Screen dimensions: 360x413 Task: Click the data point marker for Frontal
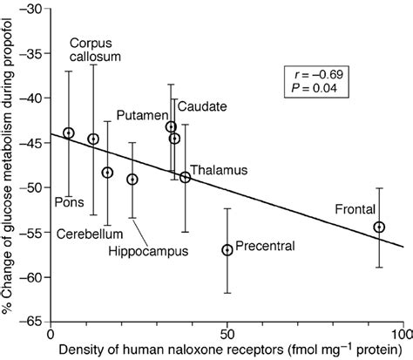379,228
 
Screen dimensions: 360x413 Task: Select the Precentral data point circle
227,250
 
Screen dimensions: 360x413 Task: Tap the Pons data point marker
69,133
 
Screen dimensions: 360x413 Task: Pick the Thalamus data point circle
185,178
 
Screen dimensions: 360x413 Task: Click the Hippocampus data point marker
132,180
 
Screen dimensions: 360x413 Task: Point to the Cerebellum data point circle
107,173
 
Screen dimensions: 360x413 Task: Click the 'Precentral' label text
266,247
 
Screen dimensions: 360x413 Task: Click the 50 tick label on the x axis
227,335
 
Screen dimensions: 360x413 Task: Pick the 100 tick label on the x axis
401,335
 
